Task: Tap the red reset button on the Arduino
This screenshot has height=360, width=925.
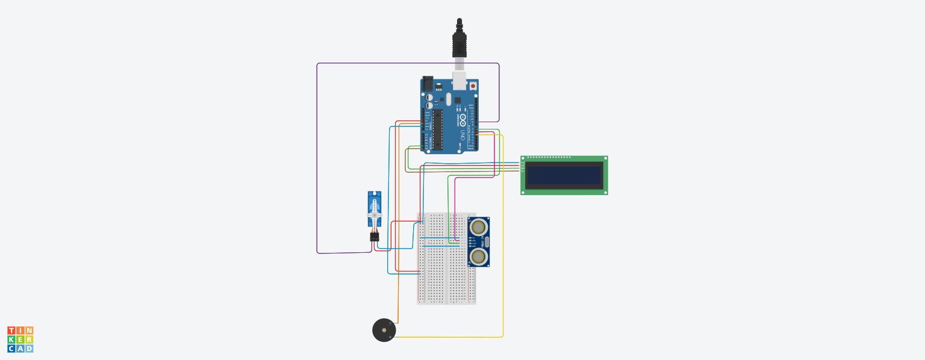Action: [x=473, y=86]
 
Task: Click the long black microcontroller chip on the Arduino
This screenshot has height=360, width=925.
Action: [x=438, y=129]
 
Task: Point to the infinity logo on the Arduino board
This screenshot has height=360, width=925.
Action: [x=463, y=117]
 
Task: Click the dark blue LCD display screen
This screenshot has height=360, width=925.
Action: [x=564, y=175]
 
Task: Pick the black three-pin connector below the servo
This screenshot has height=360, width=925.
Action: [x=375, y=237]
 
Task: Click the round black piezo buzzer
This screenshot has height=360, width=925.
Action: [x=384, y=331]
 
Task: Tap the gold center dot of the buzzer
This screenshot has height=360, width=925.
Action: [x=384, y=331]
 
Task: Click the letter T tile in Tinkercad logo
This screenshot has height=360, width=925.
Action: [x=11, y=331]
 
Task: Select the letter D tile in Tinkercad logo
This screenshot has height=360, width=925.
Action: [x=29, y=349]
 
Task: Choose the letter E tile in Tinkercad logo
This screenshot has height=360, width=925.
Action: [x=20, y=340]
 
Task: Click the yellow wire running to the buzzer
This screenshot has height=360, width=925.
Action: [x=503, y=241]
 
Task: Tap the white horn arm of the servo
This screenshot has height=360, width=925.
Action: [x=375, y=216]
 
